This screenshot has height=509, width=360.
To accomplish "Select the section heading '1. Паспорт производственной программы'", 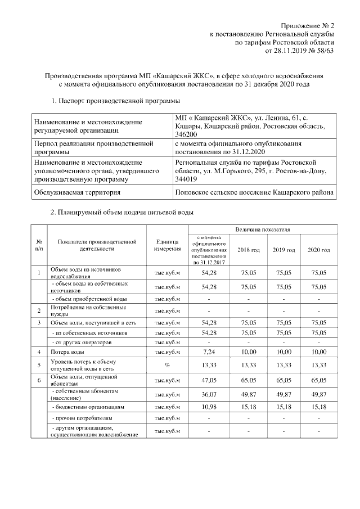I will [x=115, y=101].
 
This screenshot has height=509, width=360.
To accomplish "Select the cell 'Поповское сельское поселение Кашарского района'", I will [x=255, y=192].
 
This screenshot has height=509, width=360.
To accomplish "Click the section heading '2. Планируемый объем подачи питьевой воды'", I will [x=122, y=214].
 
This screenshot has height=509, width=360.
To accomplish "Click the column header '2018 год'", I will [x=248, y=249].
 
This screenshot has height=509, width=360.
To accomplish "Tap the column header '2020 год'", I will [x=319, y=249].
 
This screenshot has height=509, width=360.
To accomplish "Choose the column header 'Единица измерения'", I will [x=166, y=245].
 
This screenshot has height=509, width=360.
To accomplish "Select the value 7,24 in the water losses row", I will [x=209, y=352].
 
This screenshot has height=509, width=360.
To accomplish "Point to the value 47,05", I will [x=209, y=380].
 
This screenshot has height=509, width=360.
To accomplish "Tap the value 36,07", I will [x=209, y=393].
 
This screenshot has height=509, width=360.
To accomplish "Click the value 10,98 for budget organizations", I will [x=209, y=406].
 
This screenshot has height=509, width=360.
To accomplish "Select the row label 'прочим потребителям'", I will [x=82, y=418].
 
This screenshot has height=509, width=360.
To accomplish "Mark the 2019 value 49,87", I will [x=283, y=393].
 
